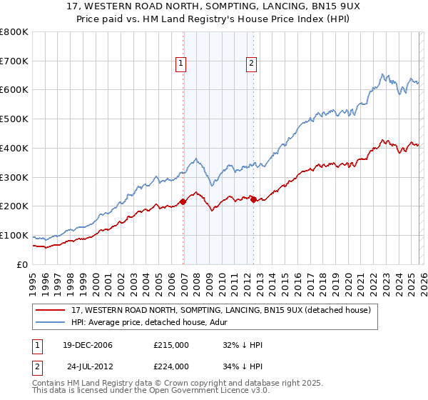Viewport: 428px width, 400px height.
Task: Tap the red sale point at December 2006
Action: pyautogui.click(x=183, y=201)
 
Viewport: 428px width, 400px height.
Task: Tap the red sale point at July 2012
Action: pyautogui.click(x=253, y=199)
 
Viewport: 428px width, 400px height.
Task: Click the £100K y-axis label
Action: pyautogui.click(x=14, y=236)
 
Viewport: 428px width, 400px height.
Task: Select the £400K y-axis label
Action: pyautogui.click(x=14, y=149)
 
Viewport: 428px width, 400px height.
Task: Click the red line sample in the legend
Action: pyautogui.click(x=51, y=311)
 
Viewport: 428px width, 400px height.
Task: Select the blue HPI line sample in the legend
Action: pyautogui.click(x=51, y=323)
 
